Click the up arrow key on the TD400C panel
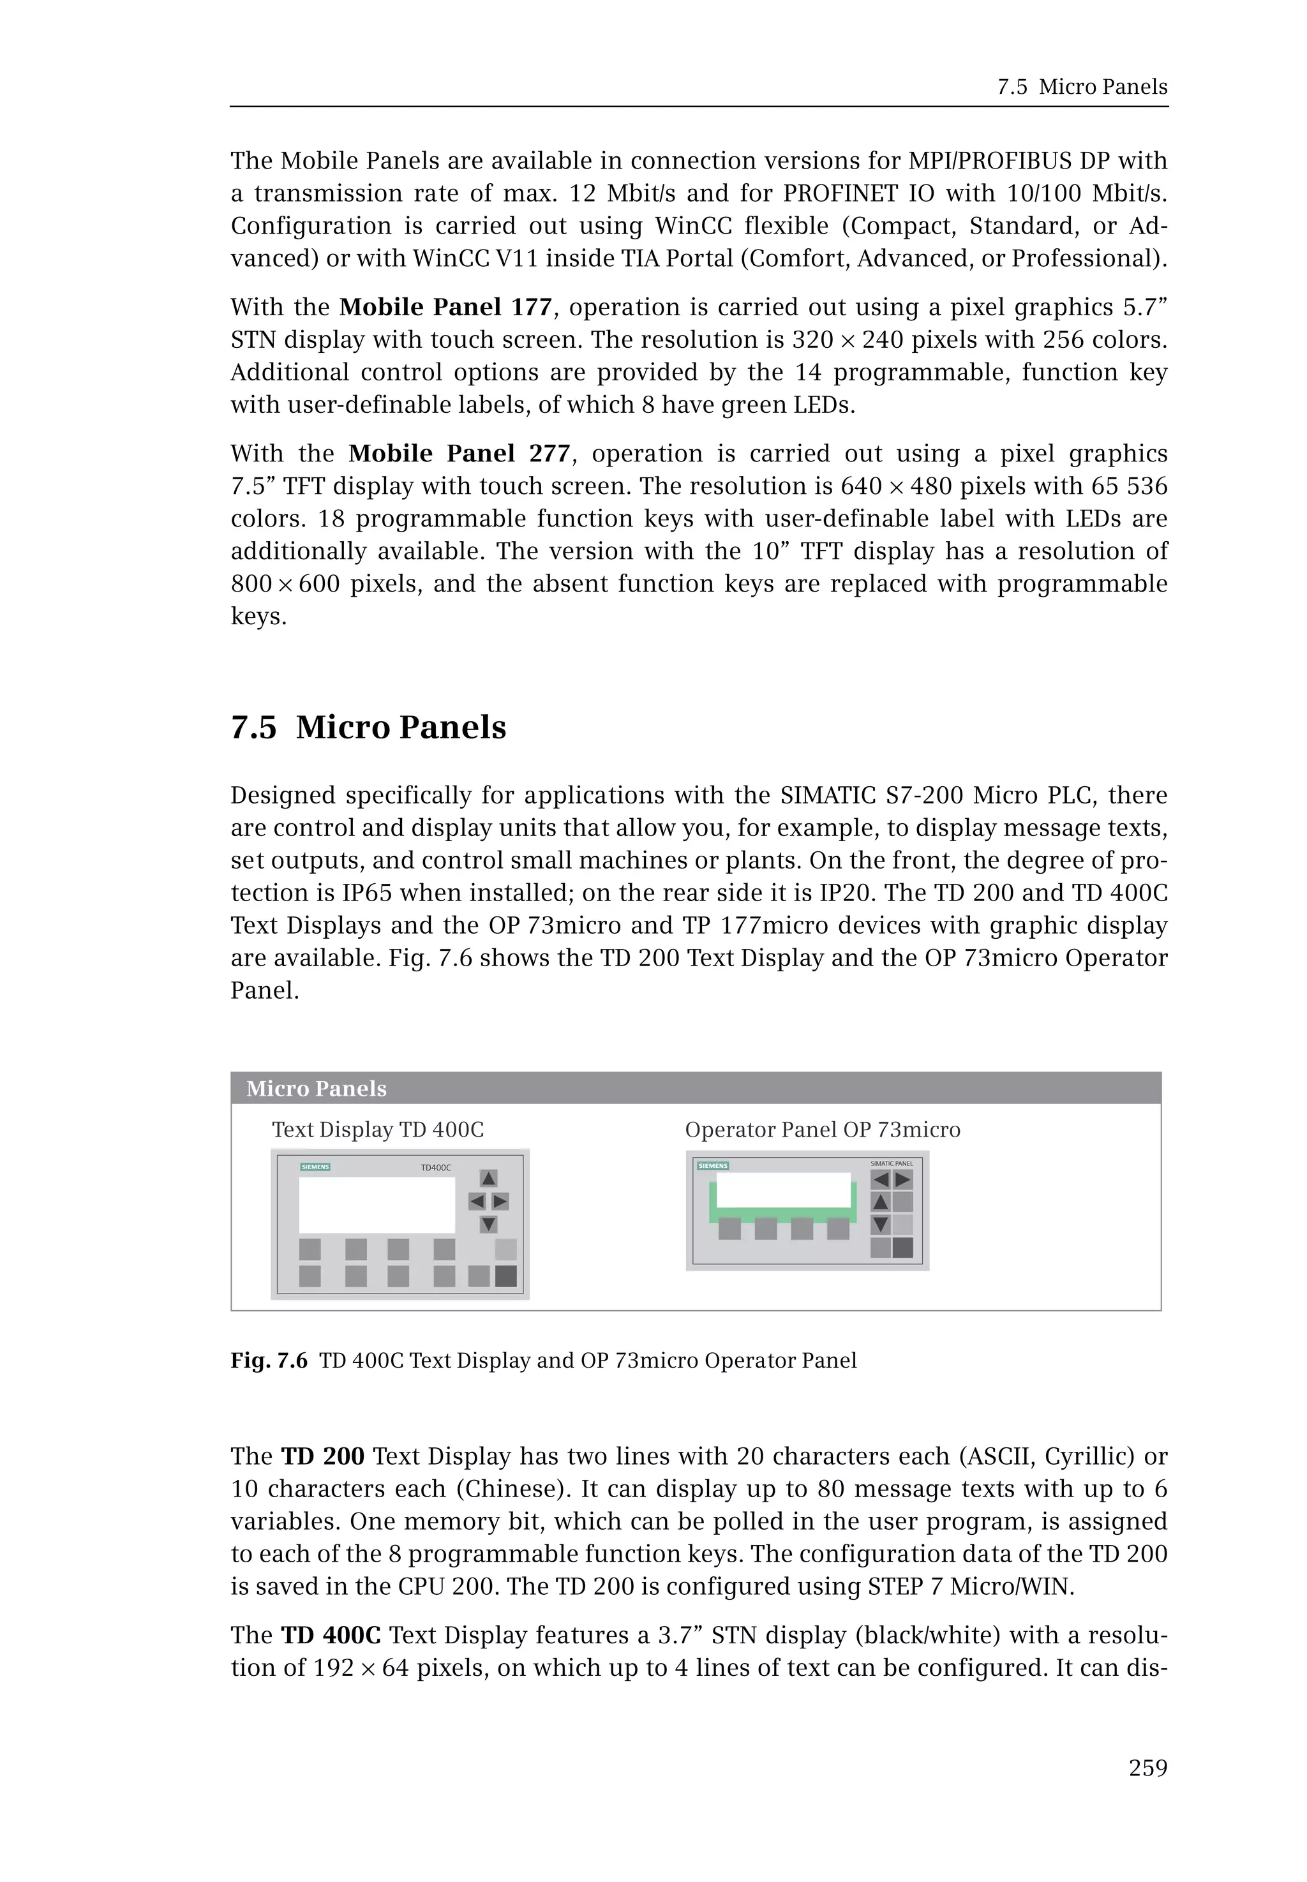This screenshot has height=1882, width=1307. point(488,1179)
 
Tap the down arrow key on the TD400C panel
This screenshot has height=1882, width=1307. point(488,1225)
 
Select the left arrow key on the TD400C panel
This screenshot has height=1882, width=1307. point(477,1202)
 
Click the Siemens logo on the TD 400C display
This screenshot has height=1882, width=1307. point(315,1167)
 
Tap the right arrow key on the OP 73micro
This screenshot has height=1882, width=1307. point(902,1180)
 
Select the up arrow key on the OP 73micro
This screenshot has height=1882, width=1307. point(880,1202)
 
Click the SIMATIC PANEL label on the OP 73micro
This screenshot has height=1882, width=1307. point(891,1163)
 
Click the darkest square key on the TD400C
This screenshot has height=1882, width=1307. point(505,1276)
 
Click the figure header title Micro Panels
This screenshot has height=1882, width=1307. point(316,1088)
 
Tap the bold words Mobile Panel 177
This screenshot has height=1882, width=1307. point(445,307)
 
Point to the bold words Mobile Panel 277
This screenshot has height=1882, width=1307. point(459,454)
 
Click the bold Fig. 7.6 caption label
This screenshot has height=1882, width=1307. point(269,1361)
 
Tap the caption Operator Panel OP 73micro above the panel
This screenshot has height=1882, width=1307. point(822,1130)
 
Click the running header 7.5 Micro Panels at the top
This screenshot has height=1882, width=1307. point(1082,87)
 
